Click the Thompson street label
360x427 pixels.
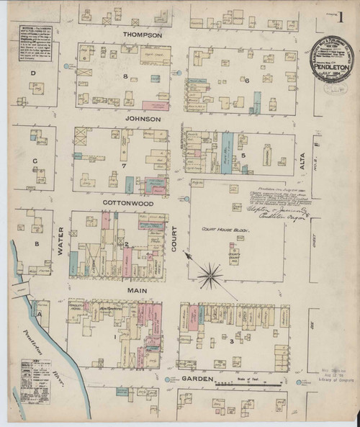143,35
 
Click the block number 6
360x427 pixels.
246,80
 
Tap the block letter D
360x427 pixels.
32,73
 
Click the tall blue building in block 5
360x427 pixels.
228,152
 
